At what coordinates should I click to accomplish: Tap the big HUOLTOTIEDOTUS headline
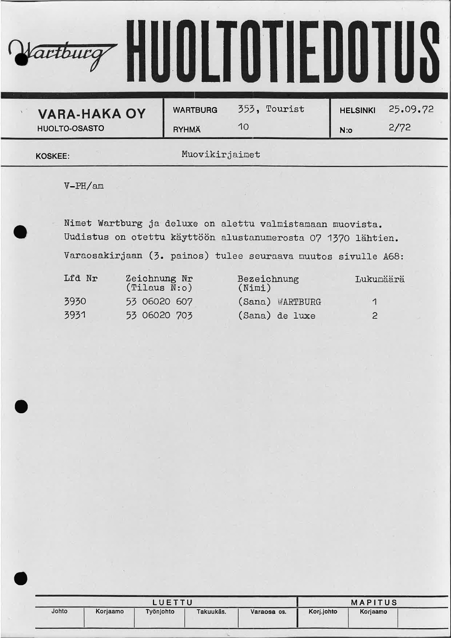pos(283,52)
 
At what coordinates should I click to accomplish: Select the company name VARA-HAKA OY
pos(91,114)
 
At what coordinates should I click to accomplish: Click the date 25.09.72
pos(411,109)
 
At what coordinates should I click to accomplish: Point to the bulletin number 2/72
pos(399,128)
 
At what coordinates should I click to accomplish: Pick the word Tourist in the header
pos(285,109)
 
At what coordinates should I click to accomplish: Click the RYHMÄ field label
pos(187,130)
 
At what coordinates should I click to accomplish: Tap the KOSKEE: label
pos(52,156)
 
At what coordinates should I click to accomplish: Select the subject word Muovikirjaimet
pos(221,155)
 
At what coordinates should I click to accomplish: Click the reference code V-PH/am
pos(84,186)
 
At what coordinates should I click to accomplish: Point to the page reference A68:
pos(393,256)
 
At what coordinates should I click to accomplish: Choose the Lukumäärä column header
pos(380,279)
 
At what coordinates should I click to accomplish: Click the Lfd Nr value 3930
pos(75,301)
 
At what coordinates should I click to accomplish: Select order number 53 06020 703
pos(159,315)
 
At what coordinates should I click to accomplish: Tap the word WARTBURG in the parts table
pos(299,302)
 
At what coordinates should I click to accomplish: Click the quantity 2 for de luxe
pos(374,316)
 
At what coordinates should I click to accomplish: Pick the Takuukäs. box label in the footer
pos(211,612)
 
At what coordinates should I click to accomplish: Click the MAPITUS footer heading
pos(374,602)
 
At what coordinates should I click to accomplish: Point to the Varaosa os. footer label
pos(268,612)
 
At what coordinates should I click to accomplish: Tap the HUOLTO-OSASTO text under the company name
pos(71,128)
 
